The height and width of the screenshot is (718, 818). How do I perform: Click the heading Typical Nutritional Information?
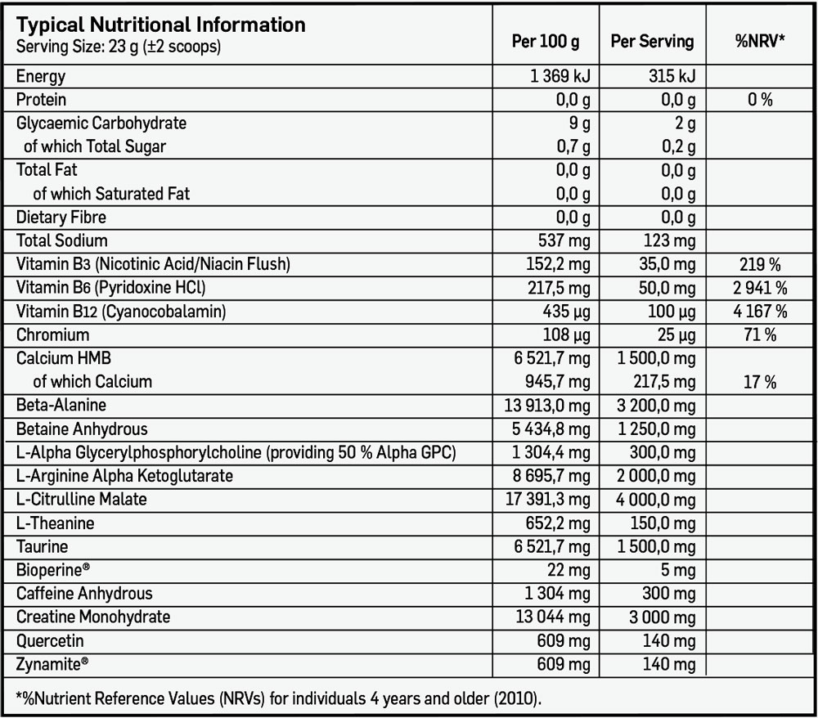pos(161,25)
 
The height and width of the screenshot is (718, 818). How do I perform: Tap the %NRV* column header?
pos(760,41)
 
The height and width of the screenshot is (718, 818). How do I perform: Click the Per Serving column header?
pos(652,41)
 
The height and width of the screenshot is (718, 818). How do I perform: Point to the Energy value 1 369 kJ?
pos(560,77)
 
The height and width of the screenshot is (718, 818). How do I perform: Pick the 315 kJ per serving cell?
pos(669,77)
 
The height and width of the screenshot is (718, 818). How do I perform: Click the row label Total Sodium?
pos(62,240)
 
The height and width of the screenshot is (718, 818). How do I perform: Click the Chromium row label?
pos(52,335)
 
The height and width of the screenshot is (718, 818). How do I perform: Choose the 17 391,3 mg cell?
pos(548,500)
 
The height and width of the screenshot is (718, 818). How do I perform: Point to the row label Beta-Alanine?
pos(61,406)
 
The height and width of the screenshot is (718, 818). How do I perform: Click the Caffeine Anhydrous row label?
pos(84,594)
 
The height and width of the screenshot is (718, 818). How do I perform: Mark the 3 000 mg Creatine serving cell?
pos(663,617)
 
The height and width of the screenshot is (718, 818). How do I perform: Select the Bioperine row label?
pos(53,570)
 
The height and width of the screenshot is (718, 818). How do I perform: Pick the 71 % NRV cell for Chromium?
pos(760,335)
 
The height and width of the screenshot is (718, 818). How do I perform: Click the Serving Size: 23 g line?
pos(119,47)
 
